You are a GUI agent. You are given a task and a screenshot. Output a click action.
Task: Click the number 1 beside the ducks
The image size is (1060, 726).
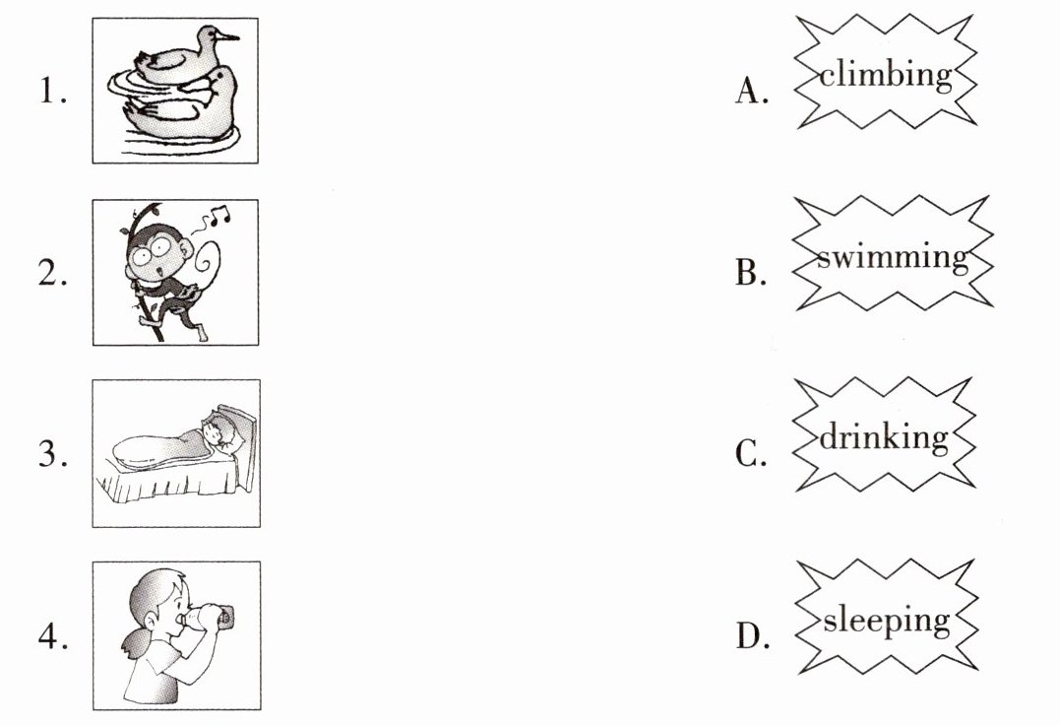click(x=51, y=90)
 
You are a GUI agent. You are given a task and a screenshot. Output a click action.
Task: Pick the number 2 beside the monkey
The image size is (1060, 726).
click(x=52, y=272)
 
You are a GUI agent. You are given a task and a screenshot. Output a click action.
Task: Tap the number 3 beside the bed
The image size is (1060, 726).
click(x=52, y=453)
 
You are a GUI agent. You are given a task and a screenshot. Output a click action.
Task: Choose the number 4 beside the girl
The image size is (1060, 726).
click(x=52, y=636)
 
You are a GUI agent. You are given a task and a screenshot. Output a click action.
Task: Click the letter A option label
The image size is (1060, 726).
click(x=752, y=91)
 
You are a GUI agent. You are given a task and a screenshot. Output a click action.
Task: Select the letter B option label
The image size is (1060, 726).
click(x=751, y=272)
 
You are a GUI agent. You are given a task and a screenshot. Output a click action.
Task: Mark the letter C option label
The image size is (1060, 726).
click(x=751, y=454)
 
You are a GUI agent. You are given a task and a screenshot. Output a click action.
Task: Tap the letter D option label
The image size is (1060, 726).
click(x=752, y=636)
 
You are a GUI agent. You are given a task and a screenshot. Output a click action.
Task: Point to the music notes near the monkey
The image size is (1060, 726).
click(x=218, y=216)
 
